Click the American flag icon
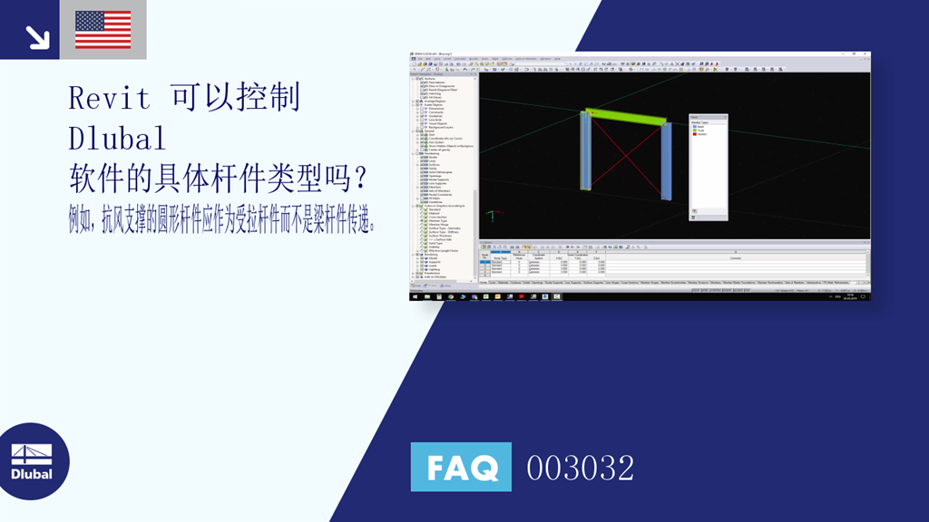(103, 29)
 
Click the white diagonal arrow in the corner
(37, 36)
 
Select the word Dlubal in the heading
(117, 138)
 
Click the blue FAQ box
(461, 467)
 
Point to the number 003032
(580, 468)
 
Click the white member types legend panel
(708, 168)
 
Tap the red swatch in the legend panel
(695, 133)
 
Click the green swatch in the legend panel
(695, 130)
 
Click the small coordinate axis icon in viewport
(493, 216)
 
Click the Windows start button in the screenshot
(415, 295)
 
